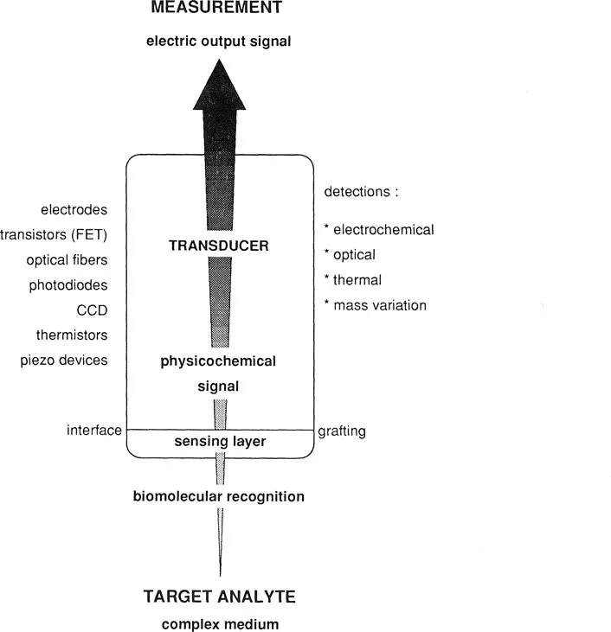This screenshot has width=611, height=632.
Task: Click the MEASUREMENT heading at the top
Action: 218,9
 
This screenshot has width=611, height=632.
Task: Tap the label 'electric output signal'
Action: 218,40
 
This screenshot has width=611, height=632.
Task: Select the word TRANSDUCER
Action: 218,246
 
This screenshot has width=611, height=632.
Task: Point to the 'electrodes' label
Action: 74,209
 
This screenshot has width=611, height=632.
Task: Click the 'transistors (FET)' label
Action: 55,234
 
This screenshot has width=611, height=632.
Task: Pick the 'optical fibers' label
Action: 69,259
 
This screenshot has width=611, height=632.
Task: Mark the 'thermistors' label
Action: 72,335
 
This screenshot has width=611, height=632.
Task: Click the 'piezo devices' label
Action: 64,360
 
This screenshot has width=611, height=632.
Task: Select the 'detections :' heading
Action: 360,192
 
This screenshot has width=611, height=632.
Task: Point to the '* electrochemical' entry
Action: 378,230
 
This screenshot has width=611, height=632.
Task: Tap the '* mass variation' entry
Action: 375,305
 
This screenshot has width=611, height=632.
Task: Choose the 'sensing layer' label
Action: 218,442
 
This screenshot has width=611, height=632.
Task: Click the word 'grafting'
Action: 342,431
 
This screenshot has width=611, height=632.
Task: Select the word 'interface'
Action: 93,431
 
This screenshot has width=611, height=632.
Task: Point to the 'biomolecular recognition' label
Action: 218,496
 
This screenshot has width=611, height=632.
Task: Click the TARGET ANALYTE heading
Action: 218,597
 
